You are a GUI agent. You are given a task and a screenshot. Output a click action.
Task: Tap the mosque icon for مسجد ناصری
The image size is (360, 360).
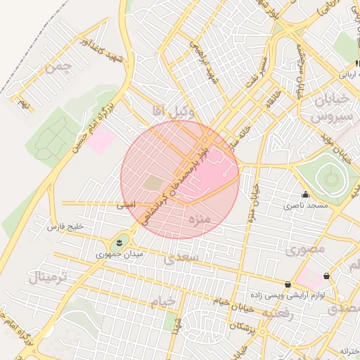click(304, 195)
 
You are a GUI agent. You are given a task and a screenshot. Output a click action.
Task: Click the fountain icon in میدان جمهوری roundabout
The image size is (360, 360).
click(119, 243)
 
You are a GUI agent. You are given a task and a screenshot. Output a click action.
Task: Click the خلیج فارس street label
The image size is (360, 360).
click(65, 227)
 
